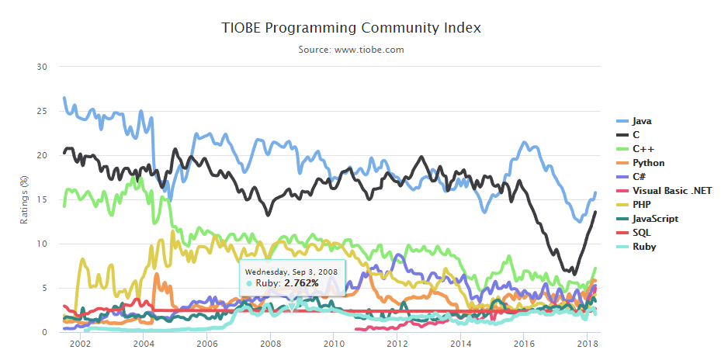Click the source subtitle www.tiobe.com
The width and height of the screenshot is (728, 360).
click(x=351, y=50)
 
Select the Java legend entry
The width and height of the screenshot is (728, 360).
click(x=641, y=121)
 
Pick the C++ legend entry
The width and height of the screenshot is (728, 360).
click(x=643, y=149)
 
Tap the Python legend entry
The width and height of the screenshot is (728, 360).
click(x=647, y=163)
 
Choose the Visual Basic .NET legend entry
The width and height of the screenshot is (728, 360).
click(x=671, y=191)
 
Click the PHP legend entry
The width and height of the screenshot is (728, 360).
click(x=641, y=205)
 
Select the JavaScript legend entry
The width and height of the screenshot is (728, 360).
click(x=655, y=219)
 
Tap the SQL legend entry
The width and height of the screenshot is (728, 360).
click(x=641, y=233)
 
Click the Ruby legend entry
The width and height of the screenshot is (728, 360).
click(x=643, y=247)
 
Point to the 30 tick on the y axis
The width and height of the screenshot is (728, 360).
click(x=43, y=67)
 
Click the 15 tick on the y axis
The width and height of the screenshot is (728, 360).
click(x=43, y=200)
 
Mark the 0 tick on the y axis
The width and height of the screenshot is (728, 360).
click(x=46, y=333)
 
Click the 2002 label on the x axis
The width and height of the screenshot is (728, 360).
click(x=80, y=344)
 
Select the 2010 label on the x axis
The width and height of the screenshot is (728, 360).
click(x=334, y=344)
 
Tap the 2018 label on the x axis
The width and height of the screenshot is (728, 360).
click(x=587, y=344)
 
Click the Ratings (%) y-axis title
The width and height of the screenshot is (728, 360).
click(x=24, y=200)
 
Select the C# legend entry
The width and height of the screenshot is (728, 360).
click(x=639, y=177)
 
